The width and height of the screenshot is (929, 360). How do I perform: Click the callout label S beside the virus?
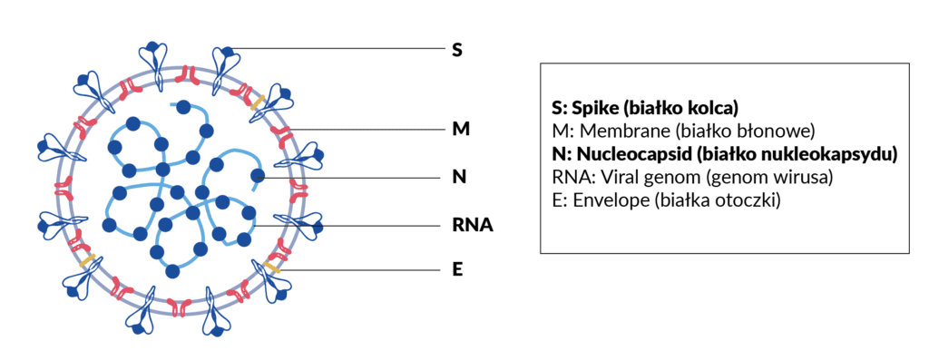pyautogui.click(x=457, y=50)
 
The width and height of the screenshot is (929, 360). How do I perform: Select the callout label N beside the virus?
pyautogui.click(x=459, y=177)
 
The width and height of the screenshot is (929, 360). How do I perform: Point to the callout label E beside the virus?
pyautogui.click(x=457, y=270)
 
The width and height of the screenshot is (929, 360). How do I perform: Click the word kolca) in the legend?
pyautogui.click(x=712, y=108)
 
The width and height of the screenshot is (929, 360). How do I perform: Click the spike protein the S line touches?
pyautogui.click(x=225, y=66)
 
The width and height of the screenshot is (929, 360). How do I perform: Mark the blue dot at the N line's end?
pyautogui.click(x=258, y=176)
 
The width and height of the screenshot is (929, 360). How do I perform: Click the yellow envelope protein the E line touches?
pyautogui.click(x=270, y=268)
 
